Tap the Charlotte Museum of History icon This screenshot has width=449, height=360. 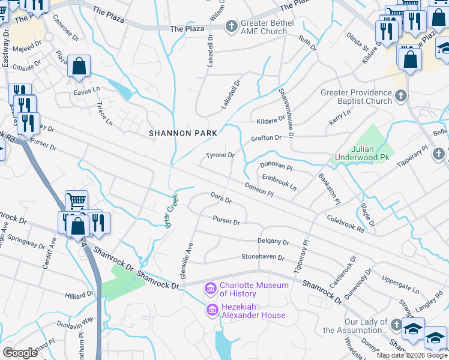(x=211, y=290)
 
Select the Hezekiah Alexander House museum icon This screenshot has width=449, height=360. (x=211, y=310)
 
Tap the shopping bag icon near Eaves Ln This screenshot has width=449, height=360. (x=79, y=65)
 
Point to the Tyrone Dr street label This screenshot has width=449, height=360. (x=220, y=155)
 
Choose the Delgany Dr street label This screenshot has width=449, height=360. (x=273, y=242)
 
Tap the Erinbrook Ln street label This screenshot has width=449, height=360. (x=279, y=182)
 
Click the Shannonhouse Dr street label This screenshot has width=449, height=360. (x=286, y=113)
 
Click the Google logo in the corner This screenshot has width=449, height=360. (x=20, y=353)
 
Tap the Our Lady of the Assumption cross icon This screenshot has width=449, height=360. (x=396, y=325)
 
